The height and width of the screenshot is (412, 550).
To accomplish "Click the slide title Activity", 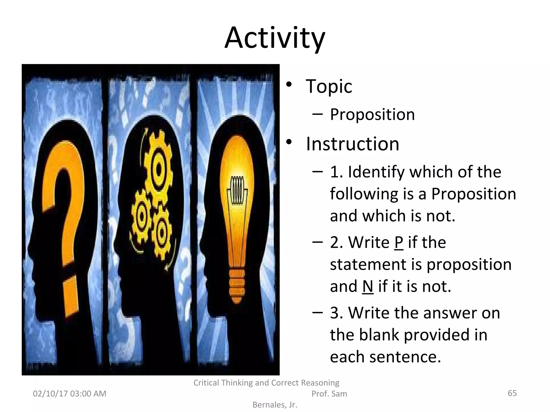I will [x=275, y=38].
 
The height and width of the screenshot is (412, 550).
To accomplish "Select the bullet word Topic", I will [x=329, y=86].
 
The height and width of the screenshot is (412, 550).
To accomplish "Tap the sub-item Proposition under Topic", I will [x=372, y=115].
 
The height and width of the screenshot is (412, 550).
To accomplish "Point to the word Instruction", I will [x=352, y=144].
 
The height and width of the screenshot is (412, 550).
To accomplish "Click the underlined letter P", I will [x=399, y=242].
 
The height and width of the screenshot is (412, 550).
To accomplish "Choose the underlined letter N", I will [x=368, y=286].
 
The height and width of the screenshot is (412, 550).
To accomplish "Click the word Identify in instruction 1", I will [x=376, y=172].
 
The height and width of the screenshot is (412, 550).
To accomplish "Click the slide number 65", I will [x=512, y=393].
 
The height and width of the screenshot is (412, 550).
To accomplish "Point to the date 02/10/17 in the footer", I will [x=50, y=394].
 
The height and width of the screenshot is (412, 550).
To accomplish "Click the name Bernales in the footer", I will [x=269, y=405].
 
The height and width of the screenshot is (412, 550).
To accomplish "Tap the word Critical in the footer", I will [x=207, y=383].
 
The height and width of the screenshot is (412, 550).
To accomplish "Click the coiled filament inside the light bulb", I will [x=237, y=190].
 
